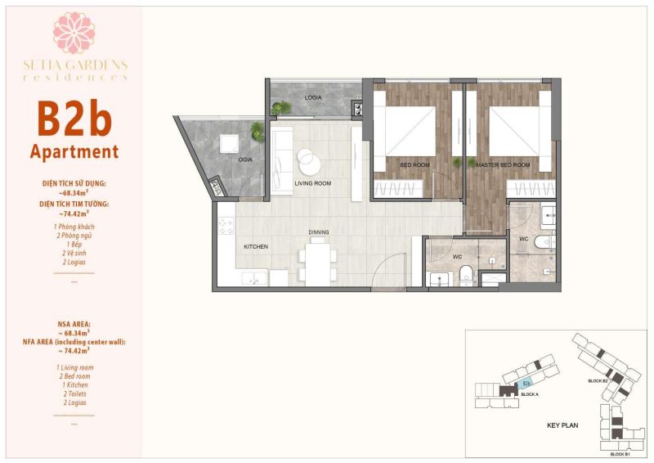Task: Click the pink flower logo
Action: click(x=74, y=33)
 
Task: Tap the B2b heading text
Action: click(x=74, y=119)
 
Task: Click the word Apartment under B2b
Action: click(x=74, y=152)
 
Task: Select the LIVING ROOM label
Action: click(x=312, y=184)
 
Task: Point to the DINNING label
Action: click(x=319, y=232)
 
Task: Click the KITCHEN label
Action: click(x=256, y=246)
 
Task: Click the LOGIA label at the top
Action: click(x=313, y=97)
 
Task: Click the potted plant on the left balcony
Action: click(x=258, y=129)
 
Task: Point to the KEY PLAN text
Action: click(x=563, y=425)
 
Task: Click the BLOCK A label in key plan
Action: click(x=528, y=395)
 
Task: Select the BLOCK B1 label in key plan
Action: click(x=619, y=453)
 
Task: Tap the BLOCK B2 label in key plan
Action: click(x=598, y=381)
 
